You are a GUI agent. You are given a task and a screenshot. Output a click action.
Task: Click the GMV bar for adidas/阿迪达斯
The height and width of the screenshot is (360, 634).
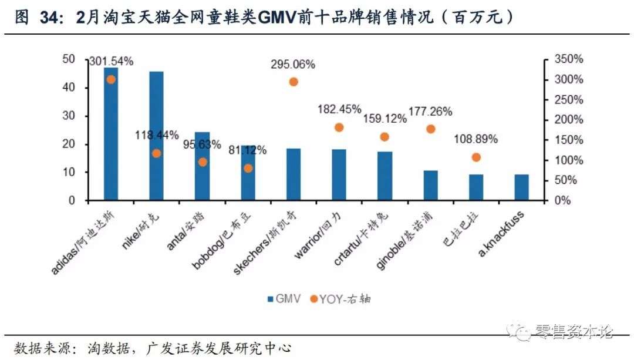[x=111, y=134]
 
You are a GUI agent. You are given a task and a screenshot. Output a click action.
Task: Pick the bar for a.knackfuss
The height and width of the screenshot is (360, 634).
[x=522, y=187]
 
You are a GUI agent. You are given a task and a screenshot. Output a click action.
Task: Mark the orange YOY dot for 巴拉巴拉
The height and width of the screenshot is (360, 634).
[x=476, y=157]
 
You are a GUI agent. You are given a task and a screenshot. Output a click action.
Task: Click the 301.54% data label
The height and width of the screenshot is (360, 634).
[x=111, y=60]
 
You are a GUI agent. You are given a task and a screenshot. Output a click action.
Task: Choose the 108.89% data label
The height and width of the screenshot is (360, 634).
[x=475, y=139]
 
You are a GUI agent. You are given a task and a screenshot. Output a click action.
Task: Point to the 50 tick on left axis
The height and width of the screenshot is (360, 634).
[x=69, y=59]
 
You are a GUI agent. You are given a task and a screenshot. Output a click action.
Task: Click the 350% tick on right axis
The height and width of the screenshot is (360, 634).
[x=568, y=59]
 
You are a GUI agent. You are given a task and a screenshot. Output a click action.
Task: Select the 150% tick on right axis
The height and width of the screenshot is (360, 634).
[x=568, y=140]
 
